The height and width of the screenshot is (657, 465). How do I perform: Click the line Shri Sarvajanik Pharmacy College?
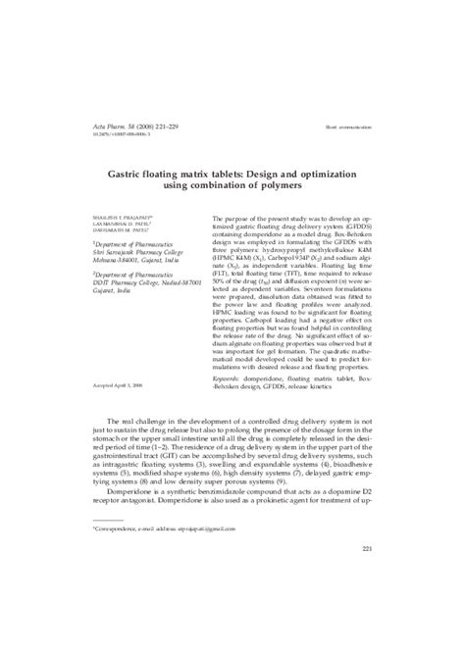pyautogui.click(x=133, y=257)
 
